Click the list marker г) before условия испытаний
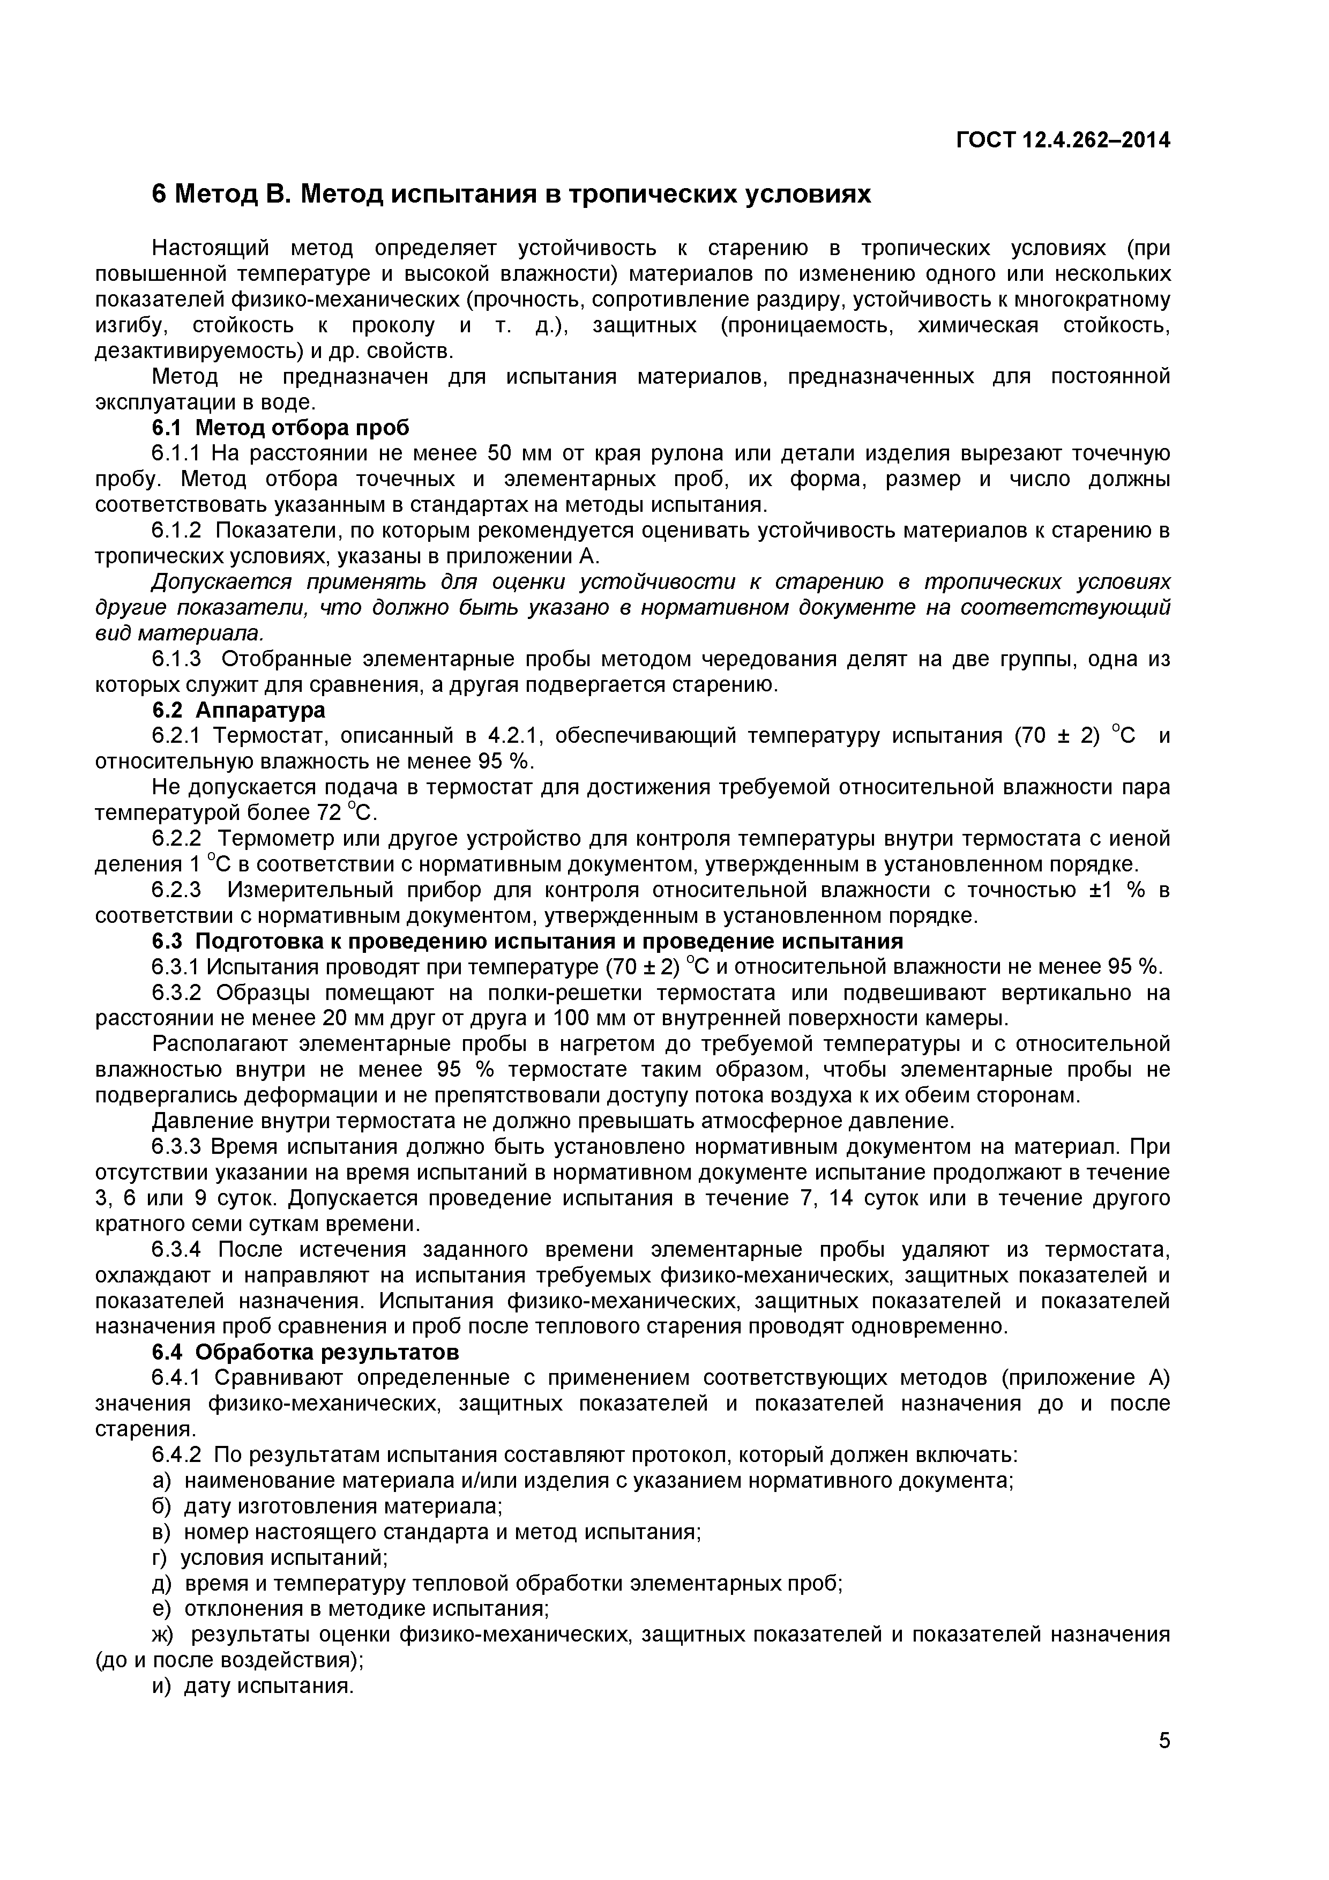[159, 1557]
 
